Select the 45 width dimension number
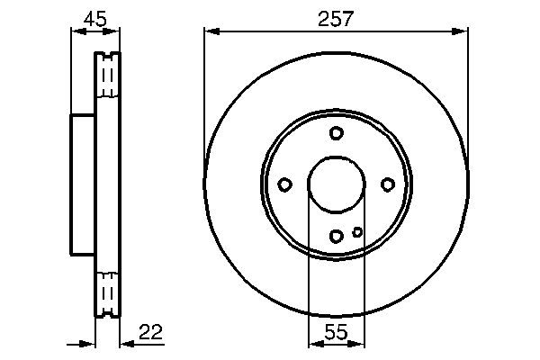coord(94,18)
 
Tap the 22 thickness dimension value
coord(152,334)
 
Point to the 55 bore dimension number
coord(337,333)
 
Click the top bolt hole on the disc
coord(337,133)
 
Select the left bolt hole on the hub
coord(284,184)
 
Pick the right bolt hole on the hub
coord(388,184)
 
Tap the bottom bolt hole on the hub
coord(337,236)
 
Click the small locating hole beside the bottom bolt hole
coord(357,231)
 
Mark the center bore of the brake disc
coord(337,184)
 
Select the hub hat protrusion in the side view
coord(82,184)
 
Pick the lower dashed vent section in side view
coord(107,292)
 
